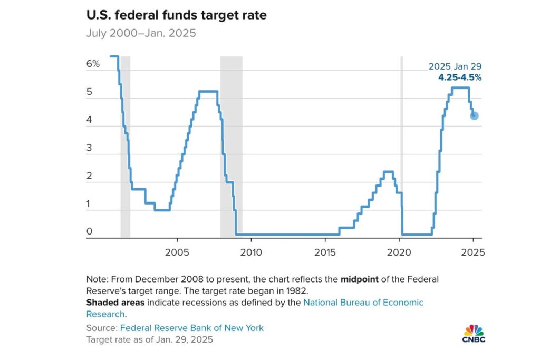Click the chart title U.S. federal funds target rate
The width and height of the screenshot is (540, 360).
[x=176, y=15]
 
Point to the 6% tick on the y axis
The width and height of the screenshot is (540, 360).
[x=93, y=64]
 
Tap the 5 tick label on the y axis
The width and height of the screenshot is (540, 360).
[x=89, y=92]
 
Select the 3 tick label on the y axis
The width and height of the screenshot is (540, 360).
[x=89, y=148]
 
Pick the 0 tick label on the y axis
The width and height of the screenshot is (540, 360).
[x=89, y=231]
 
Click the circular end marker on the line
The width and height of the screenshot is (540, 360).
[x=474, y=115]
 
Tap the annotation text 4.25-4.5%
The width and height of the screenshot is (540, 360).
[x=460, y=77]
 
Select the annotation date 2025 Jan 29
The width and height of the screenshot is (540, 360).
[x=455, y=66]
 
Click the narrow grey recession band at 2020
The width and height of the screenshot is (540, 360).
[x=401, y=148]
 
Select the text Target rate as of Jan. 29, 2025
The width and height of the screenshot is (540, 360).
[x=149, y=340]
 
